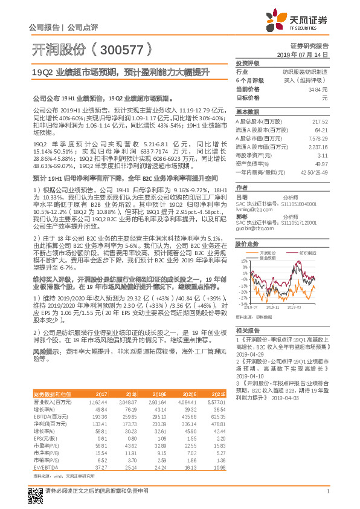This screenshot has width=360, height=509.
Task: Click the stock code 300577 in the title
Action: point(118,49)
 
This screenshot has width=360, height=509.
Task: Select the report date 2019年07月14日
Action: point(306,54)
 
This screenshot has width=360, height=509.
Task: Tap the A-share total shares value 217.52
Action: point(320,122)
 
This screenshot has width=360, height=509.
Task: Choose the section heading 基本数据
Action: point(248,112)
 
